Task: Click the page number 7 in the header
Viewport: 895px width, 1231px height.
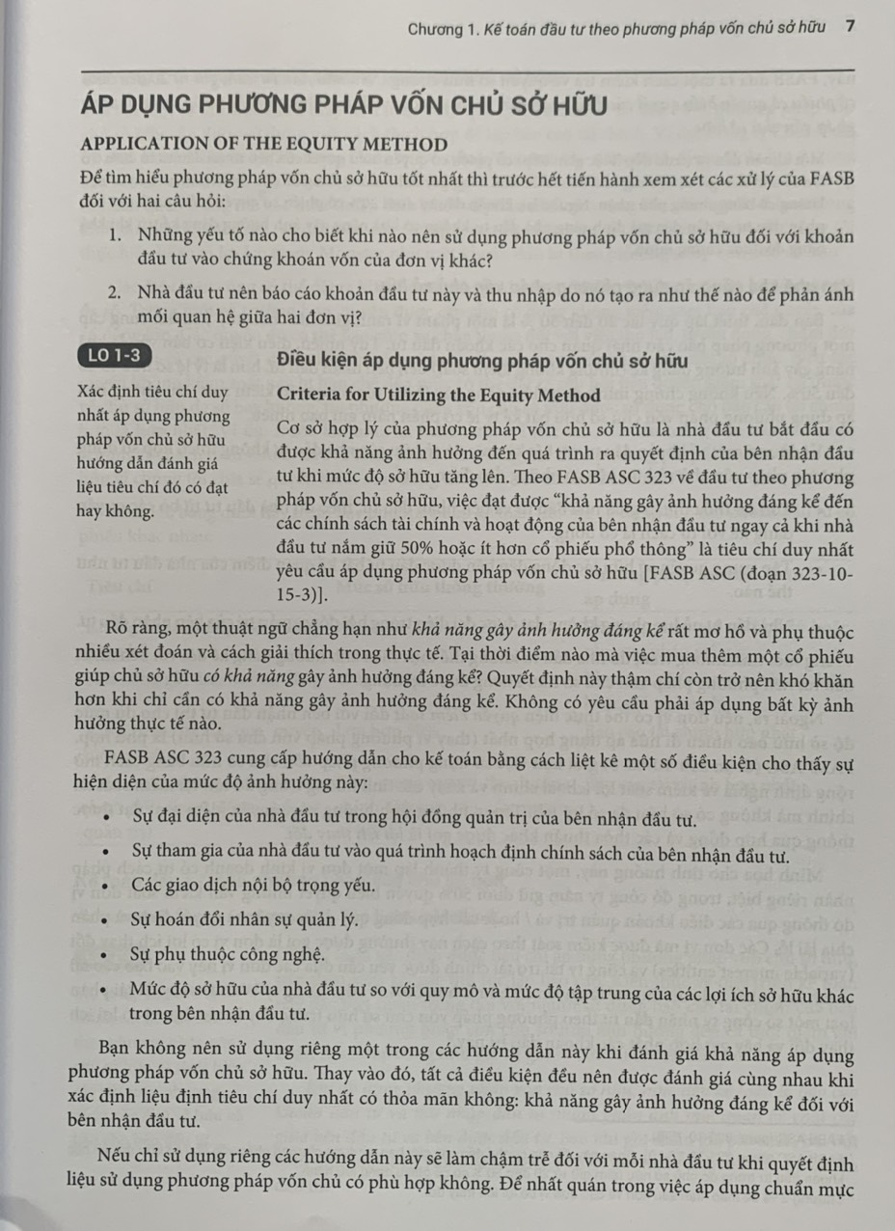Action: click(x=849, y=28)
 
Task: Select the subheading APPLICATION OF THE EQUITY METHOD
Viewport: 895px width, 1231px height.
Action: click(x=265, y=145)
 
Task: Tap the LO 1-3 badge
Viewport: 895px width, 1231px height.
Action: click(x=113, y=355)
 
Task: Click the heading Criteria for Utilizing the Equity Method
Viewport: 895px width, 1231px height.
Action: click(x=438, y=395)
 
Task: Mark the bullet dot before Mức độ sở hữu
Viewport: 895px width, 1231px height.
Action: click(x=115, y=990)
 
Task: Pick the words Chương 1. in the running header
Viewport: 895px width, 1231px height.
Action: click(x=438, y=28)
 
